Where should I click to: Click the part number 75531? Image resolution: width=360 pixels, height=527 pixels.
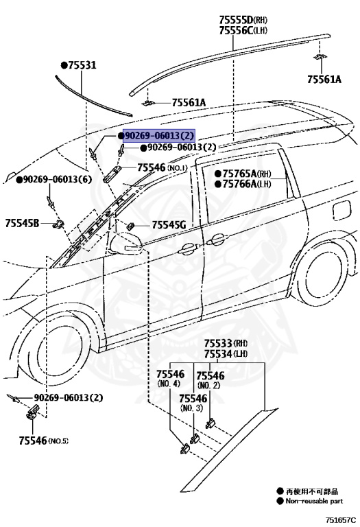tap(82, 65)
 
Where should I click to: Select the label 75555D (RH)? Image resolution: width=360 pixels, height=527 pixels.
tap(243, 19)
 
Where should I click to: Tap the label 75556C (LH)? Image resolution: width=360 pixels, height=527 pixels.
tap(243, 30)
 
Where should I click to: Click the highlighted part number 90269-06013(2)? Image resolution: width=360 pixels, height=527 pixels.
tap(159, 136)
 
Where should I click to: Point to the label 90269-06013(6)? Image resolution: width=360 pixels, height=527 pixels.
tap(57, 179)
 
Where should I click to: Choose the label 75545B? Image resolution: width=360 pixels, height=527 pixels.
tap(22, 223)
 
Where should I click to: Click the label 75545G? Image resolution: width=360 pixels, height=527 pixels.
tap(169, 225)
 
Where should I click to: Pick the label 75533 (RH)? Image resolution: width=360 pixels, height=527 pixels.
tap(226, 343)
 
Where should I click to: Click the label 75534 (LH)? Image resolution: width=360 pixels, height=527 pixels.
tap(226, 354)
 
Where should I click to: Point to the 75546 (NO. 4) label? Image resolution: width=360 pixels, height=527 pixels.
tap(170, 378)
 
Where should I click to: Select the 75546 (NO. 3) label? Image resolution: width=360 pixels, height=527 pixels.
tap(193, 403)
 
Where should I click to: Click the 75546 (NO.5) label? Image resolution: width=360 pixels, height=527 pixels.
tap(43, 441)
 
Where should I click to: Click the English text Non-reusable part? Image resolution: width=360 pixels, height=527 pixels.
tap(314, 501)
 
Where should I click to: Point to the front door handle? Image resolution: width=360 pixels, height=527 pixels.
tap(187, 248)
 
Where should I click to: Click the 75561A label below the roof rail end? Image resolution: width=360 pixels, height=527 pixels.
tap(324, 80)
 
